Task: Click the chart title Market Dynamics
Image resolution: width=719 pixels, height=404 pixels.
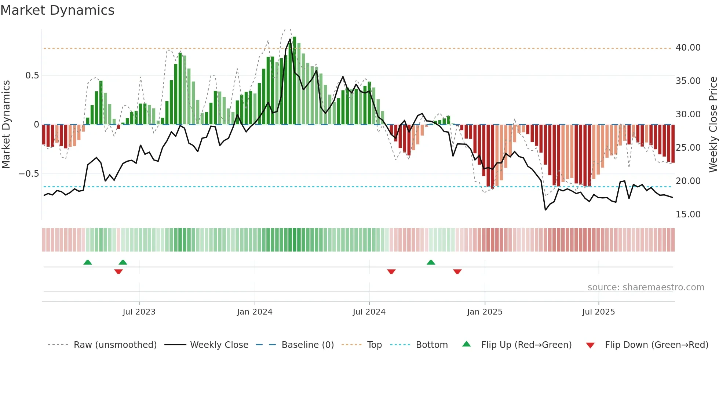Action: (x=57, y=10)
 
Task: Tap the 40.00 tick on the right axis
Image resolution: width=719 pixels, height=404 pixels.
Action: (x=688, y=48)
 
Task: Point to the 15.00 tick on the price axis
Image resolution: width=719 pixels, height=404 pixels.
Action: (x=688, y=214)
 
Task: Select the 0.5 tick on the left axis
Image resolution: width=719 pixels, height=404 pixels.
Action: (x=32, y=76)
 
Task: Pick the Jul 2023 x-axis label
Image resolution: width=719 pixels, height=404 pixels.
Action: (x=139, y=312)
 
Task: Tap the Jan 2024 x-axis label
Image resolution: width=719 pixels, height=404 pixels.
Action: (x=255, y=312)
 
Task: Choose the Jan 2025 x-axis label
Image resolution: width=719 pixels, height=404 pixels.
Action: (x=485, y=312)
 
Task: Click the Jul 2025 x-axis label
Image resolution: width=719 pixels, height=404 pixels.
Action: (x=598, y=312)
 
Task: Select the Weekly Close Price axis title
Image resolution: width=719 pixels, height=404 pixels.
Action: (x=713, y=125)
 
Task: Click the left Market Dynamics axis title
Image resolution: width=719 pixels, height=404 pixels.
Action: (x=6, y=125)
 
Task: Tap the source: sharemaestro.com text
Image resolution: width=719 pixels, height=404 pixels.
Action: (x=646, y=287)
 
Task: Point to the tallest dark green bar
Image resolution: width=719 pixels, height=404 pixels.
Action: (x=294, y=81)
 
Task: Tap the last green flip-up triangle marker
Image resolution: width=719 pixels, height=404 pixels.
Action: (x=431, y=262)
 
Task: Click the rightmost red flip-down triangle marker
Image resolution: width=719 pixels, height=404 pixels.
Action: (x=457, y=272)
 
